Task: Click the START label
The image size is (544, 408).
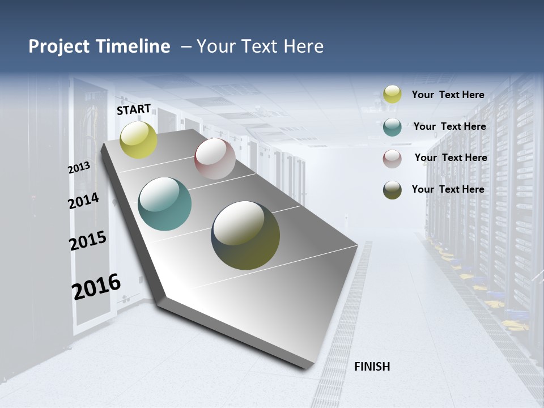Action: point(134,109)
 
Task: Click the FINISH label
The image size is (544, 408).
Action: point(372,367)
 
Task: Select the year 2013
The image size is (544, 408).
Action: point(79,167)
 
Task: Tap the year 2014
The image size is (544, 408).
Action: point(83,201)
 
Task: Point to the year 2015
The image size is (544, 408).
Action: point(88,241)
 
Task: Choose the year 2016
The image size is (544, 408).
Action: point(96,287)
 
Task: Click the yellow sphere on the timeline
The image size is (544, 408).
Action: point(138,139)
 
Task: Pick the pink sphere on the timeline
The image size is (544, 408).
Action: point(215,159)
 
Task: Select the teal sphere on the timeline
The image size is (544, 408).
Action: point(165,204)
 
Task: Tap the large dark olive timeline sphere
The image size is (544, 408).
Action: point(245,235)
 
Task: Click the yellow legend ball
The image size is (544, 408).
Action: point(392,94)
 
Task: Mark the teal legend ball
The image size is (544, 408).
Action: point(392,127)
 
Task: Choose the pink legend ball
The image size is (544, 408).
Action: point(392,159)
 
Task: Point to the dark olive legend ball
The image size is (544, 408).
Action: point(392,190)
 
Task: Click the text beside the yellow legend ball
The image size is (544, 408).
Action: point(448,95)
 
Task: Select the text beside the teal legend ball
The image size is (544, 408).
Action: point(449,126)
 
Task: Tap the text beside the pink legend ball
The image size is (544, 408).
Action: point(450,158)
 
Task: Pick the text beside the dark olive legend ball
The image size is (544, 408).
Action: point(448,189)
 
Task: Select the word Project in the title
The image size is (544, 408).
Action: point(59,46)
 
